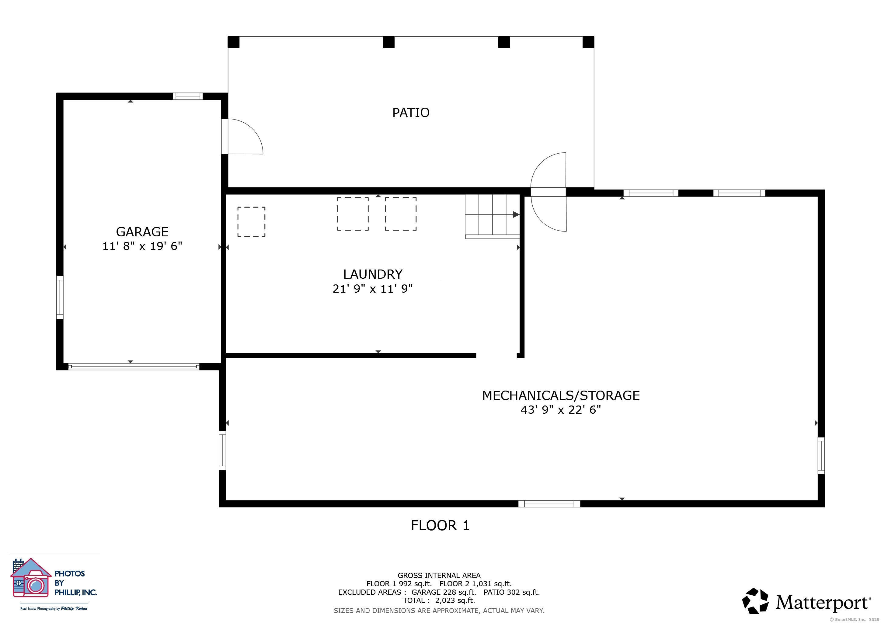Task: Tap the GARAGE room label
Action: [x=142, y=232]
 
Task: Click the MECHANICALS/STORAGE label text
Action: [x=561, y=395]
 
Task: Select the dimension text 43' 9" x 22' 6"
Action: [x=561, y=410]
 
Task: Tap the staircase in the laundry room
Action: [x=492, y=216]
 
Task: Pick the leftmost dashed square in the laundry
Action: [x=251, y=222]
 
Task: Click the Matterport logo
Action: [x=806, y=601]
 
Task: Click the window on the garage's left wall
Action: [x=60, y=297]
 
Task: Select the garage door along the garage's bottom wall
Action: [x=134, y=367]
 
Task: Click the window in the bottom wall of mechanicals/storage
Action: [x=549, y=504]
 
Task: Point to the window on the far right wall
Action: [x=821, y=456]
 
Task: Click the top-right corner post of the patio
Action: [x=588, y=42]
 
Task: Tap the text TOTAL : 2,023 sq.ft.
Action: [x=439, y=600]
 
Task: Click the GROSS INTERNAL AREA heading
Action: [x=439, y=576]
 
